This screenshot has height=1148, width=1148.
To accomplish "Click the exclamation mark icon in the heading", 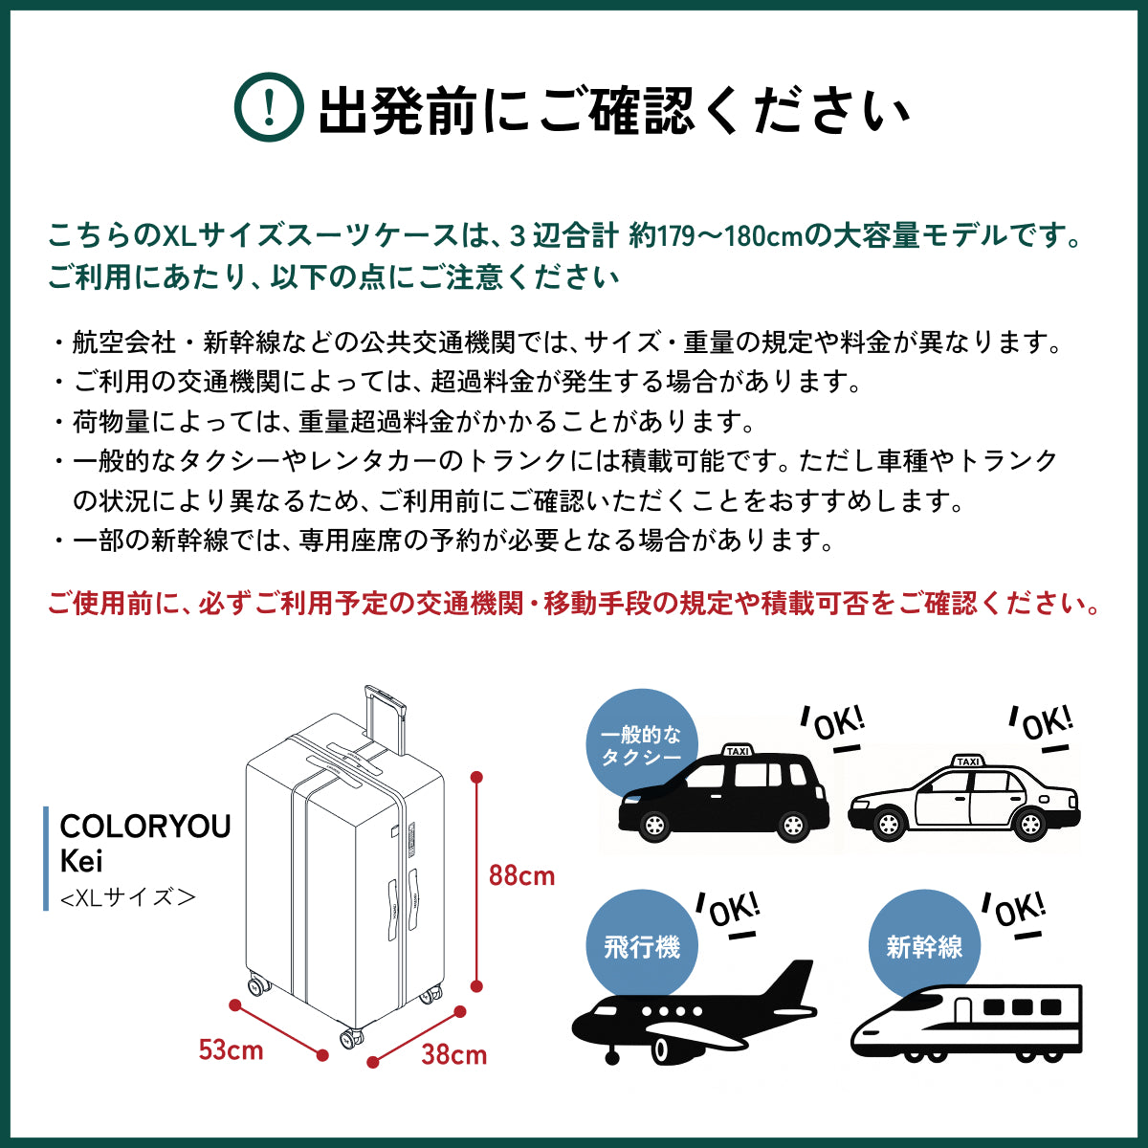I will click(269, 108).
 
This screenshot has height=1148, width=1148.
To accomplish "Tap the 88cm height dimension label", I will click(521, 875).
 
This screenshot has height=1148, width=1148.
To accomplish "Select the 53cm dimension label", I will click(231, 1049).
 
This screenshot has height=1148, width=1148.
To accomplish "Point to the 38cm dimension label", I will click(453, 1054).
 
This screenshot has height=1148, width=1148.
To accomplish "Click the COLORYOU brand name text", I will click(145, 827).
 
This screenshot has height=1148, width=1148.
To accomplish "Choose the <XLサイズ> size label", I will click(127, 897).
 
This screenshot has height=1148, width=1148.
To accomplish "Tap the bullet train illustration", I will click(966, 1024).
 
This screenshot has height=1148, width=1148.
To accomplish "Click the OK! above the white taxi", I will click(1046, 725).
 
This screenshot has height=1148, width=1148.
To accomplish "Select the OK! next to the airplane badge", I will click(732, 912).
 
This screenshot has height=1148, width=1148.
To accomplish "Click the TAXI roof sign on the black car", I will click(738, 751).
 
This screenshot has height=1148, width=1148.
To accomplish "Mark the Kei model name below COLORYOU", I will click(81, 861).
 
